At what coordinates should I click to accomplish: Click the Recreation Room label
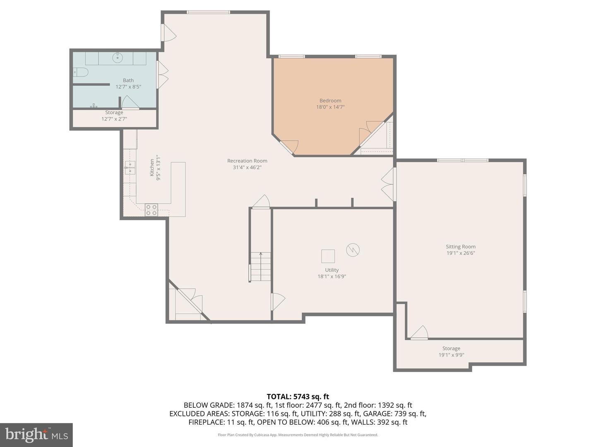click(247, 161)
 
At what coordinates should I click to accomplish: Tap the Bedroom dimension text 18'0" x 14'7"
click(330, 107)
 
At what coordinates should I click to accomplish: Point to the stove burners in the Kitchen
click(151, 210)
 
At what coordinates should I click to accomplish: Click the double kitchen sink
click(130, 168)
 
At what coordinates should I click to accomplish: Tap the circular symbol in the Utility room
click(353, 250)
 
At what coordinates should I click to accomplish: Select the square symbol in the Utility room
click(328, 256)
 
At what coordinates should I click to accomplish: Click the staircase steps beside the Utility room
click(260, 267)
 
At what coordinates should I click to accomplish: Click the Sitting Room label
click(460, 247)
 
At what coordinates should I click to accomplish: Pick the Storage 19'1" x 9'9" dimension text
click(451, 355)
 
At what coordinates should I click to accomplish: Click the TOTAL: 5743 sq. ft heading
click(298, 397)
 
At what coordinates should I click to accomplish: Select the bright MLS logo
click(36, 435)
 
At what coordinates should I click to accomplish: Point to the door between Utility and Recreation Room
click(278, 302)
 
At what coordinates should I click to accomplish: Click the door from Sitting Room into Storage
click(420, 333)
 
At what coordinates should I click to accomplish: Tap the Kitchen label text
click(152, 167)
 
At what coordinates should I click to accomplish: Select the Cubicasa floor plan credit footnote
click(298, 435)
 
